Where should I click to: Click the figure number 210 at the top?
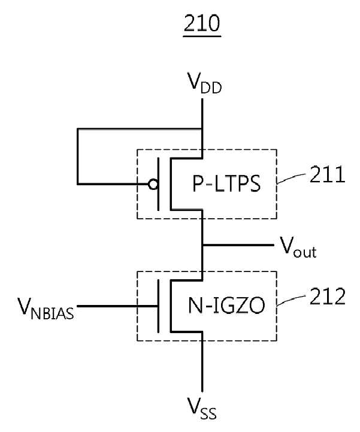click(202, 23)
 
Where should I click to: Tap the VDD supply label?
click(204, 83)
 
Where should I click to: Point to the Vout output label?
click(298, 247)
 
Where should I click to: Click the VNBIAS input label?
click(46, 309)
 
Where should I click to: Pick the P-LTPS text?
click(226, 184)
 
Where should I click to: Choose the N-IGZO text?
click(226, 306)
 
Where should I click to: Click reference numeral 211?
click(327, 175)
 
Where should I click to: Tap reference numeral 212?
click(327, 297)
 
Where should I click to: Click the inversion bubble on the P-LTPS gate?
click(153, 184)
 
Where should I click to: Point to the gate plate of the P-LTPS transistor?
click(158, 184)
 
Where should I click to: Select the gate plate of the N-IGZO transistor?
click(158, 306)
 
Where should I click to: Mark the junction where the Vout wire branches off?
click(202, 244)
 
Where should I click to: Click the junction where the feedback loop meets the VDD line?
click(202, 129)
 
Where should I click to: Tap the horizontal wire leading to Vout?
click(238, 244)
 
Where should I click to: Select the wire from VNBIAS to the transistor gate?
click(117, 306)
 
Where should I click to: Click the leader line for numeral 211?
click(291, 178)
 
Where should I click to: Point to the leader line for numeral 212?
click(291, 300)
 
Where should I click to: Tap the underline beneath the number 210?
click(202, 36)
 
